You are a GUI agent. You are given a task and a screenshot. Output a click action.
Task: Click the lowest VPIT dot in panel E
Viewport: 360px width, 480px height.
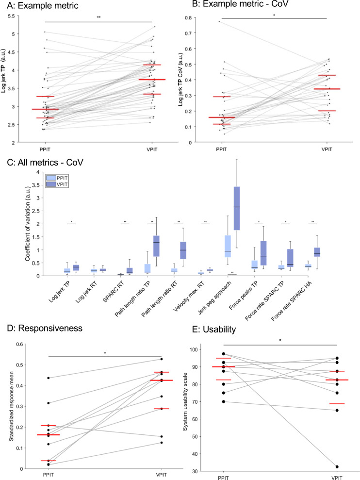[337, 466]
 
